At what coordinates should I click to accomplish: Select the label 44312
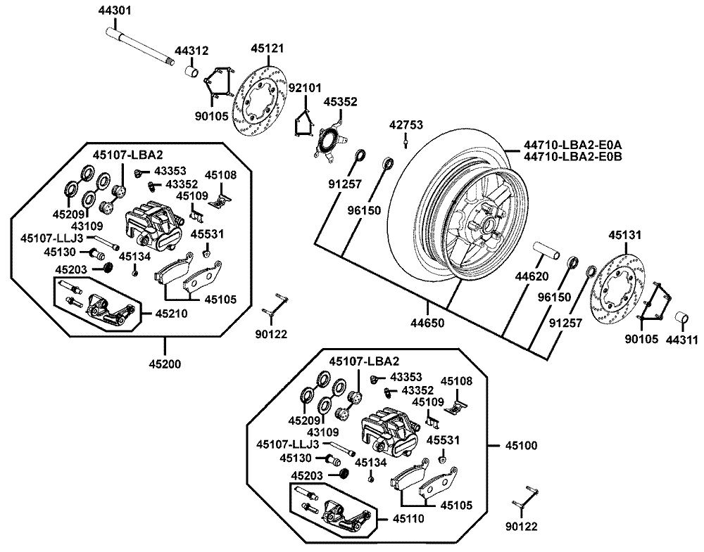[191, 51]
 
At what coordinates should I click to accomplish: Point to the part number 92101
[305, 88]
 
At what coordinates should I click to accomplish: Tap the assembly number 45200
[165, 364]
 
